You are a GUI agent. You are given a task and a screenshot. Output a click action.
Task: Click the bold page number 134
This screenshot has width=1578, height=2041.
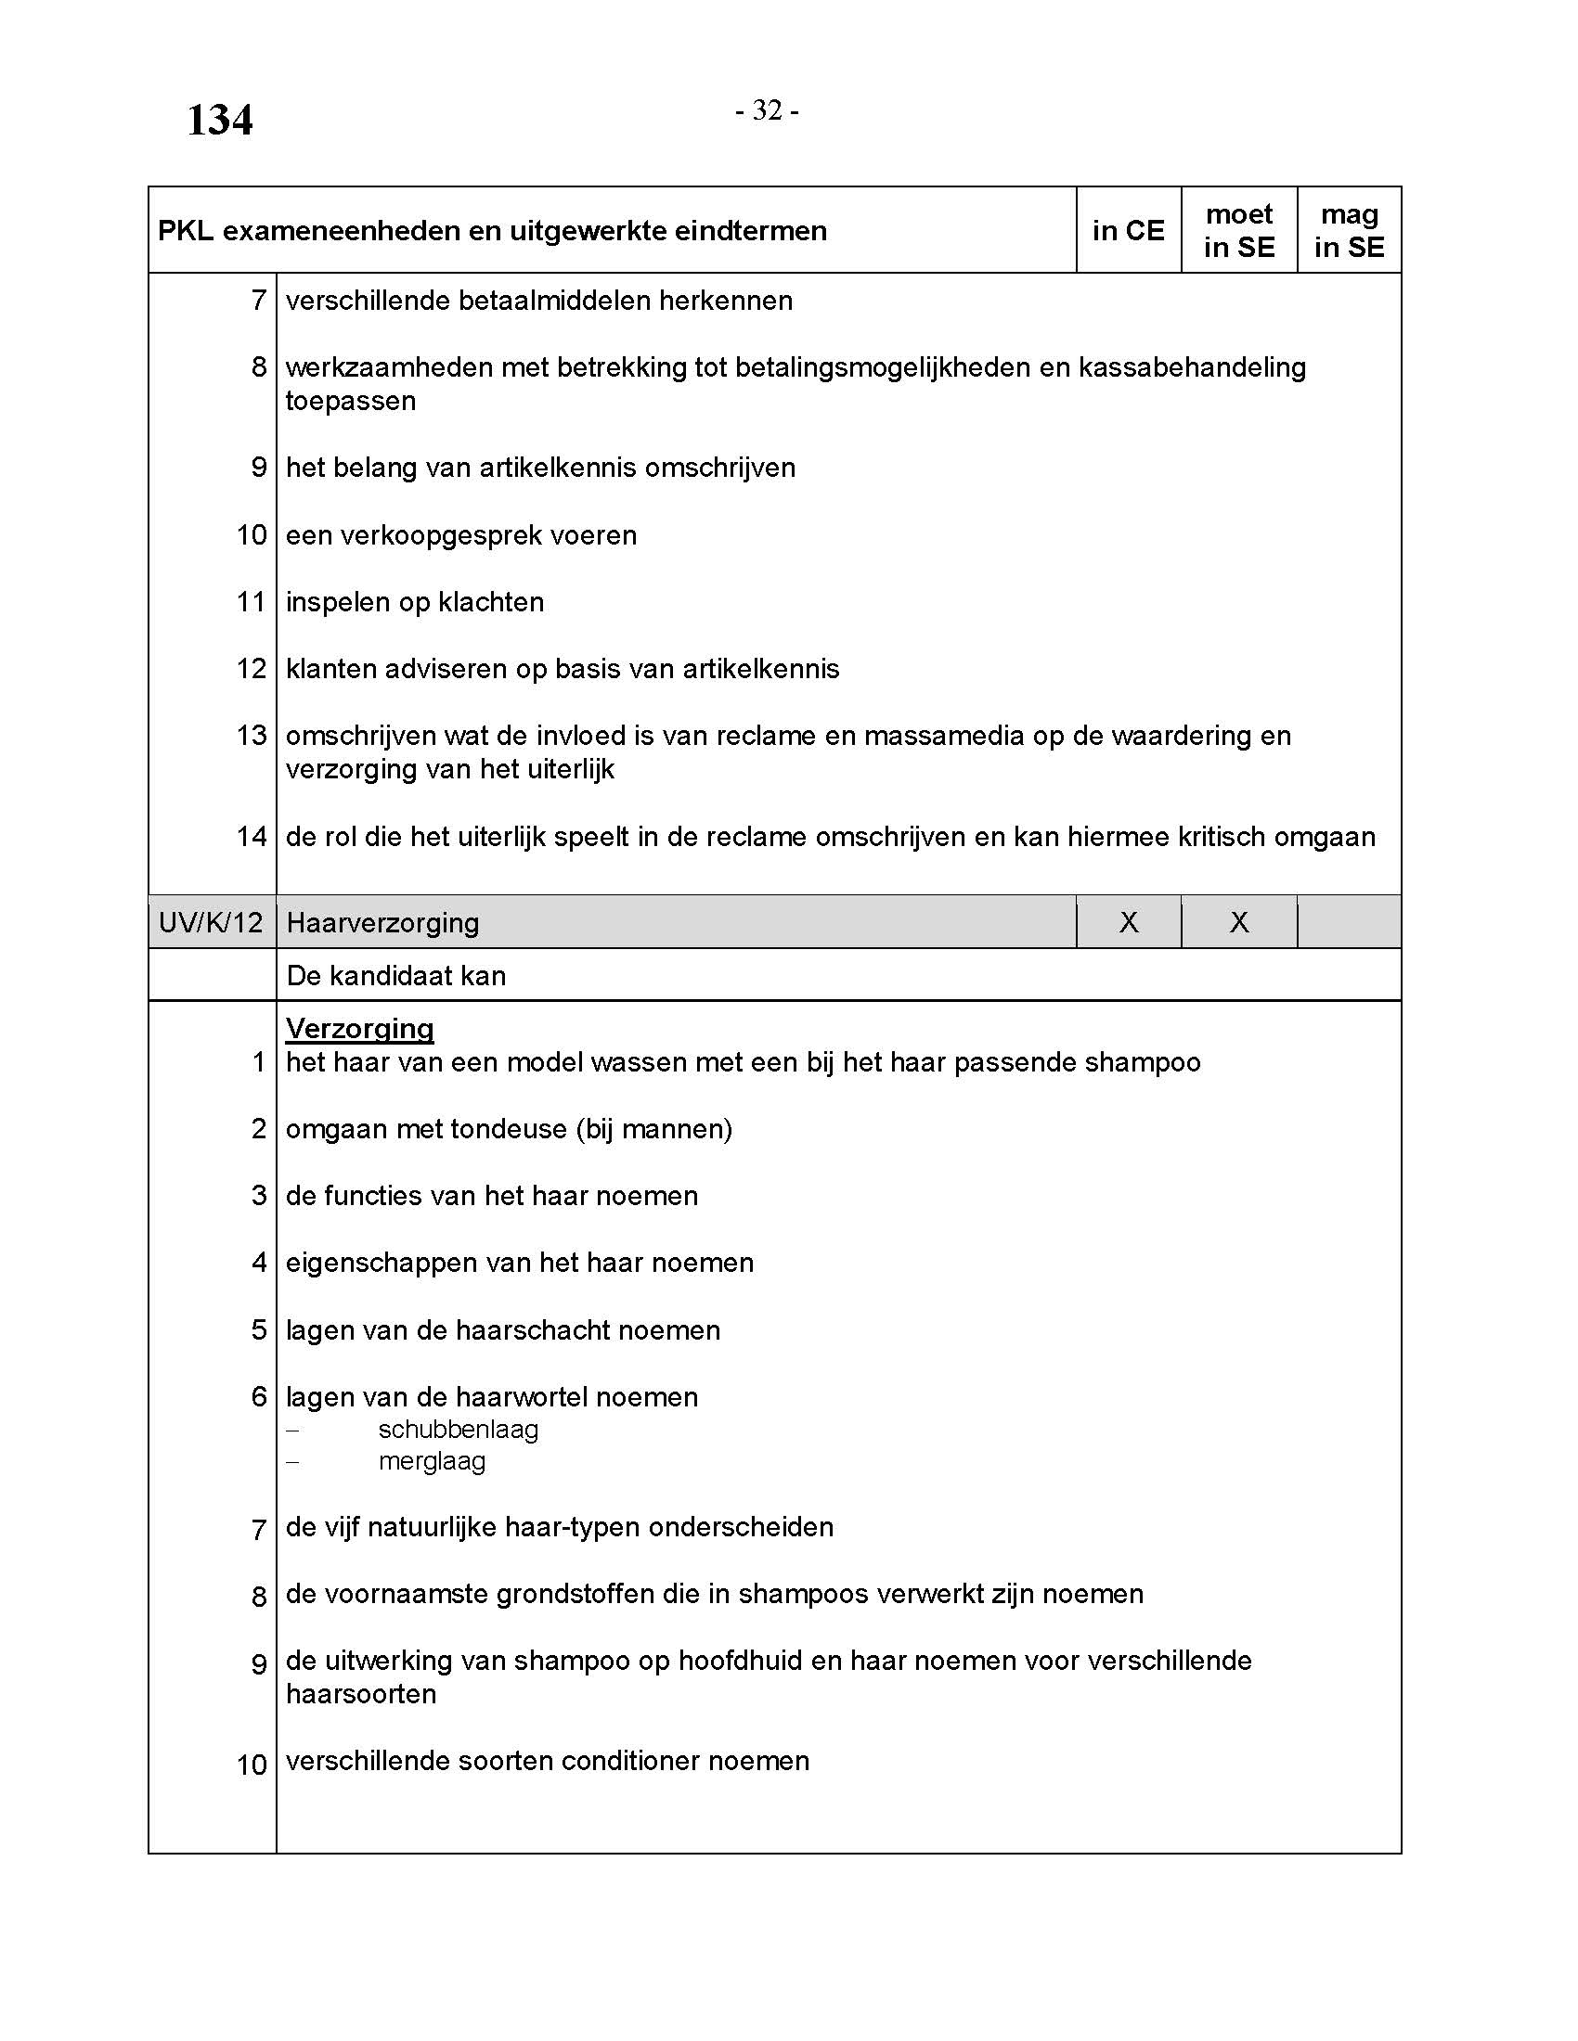pos(220,121)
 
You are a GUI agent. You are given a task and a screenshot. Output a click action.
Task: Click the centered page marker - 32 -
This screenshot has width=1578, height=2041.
pos(767,110)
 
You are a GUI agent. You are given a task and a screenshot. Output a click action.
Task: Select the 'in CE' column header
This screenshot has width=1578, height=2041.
pos(1129,231)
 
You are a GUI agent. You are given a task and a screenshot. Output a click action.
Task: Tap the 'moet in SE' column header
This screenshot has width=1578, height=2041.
pos(1238,231)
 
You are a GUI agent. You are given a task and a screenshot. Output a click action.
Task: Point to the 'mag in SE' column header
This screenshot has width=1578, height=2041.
pos(1349,231)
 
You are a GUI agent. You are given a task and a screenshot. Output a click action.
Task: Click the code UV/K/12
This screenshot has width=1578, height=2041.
pos(212,923)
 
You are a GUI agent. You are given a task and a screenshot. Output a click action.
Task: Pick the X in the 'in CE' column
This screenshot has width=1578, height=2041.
pos(1129,923)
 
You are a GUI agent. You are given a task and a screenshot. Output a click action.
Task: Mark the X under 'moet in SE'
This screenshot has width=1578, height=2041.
pos(1238,923)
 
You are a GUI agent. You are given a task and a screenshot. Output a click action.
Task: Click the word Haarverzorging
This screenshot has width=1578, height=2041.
pos(382,923)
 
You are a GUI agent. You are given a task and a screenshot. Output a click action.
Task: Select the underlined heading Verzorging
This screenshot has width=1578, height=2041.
pos(360,1028)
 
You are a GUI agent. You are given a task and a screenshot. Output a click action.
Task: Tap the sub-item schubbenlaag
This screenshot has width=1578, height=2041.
pos(458,1430)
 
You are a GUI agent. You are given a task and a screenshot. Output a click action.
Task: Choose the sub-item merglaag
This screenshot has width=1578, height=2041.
pos(432,1461)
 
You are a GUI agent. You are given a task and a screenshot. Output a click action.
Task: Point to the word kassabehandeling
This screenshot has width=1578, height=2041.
pos(1192,367)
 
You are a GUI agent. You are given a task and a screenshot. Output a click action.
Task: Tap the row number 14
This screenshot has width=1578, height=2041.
pos(252,837)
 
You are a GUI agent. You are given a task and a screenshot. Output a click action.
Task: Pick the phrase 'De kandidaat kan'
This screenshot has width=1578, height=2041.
pos(396,976)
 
